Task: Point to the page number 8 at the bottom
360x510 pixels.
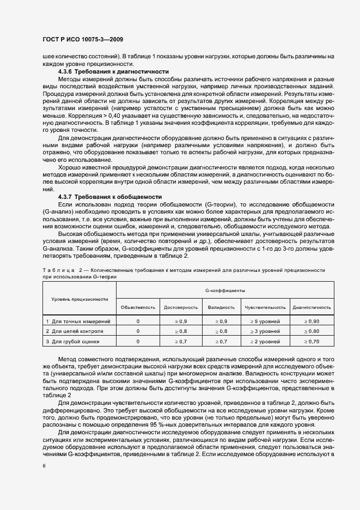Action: click(44, 466)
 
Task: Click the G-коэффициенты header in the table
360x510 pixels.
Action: click(225, 292)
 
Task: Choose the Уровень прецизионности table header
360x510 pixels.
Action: click(80, 299)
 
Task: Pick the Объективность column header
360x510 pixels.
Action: click(138, 307)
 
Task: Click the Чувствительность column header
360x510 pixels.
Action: click(265, 307)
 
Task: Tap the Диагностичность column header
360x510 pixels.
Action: click(312, 307)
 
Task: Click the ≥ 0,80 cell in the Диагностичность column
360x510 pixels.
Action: click(312, 331)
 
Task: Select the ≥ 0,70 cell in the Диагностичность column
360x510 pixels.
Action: click(312, 341)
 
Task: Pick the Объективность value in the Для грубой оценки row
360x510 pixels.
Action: click(138, 341)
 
